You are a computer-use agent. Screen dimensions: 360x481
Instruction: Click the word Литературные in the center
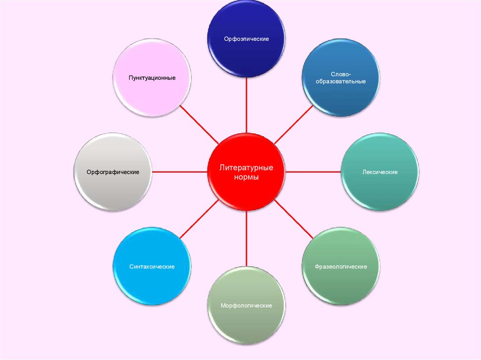click(247, 168)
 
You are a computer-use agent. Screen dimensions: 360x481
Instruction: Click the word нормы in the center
click(247, 178)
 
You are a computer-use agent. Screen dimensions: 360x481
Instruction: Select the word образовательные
click(341, 81)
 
